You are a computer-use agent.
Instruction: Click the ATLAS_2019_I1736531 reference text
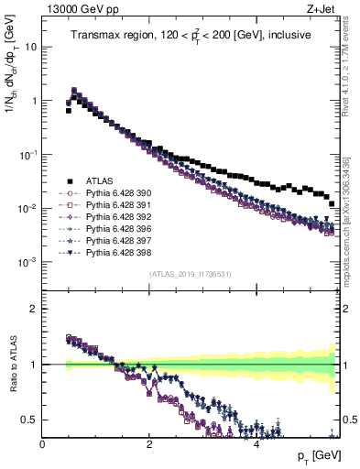(190, 274)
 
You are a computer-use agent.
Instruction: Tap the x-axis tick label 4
(256, 443)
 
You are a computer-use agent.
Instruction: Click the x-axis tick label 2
(149, 443)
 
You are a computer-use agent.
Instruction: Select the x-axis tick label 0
(43, 443)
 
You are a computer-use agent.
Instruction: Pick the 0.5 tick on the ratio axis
(31, 420)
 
